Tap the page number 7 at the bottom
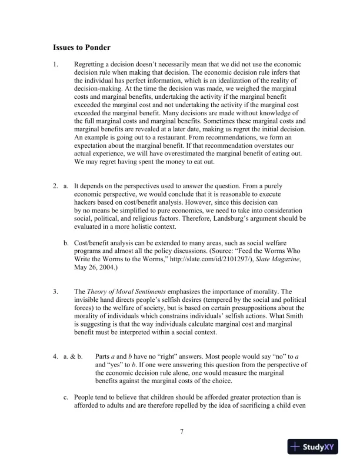coord(182,432)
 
